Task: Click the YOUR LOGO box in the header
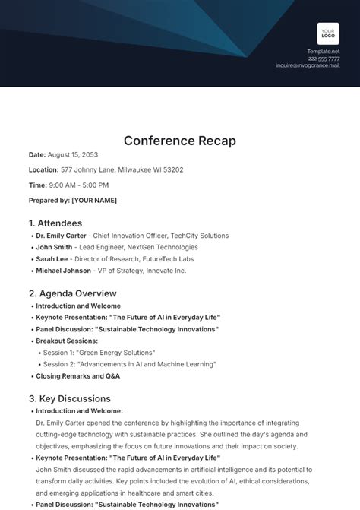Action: click(328, 33)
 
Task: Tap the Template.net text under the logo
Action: click(324, 52)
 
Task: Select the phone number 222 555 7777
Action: click(324, 59)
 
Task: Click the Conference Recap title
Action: click(180, 141)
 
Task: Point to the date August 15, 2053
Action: click(74, 155)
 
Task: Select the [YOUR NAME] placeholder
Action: click(94, 200)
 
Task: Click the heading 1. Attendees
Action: click(55, 223)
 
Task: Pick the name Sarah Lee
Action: click(52, 258)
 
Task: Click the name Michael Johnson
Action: click(64, 270)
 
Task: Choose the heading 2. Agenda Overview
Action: click(73, 293)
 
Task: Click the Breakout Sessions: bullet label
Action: click(67, 341)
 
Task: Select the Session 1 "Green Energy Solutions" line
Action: click(99, 352)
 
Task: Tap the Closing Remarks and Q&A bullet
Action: click(77, 375)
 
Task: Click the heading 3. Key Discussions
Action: click(70, 399)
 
